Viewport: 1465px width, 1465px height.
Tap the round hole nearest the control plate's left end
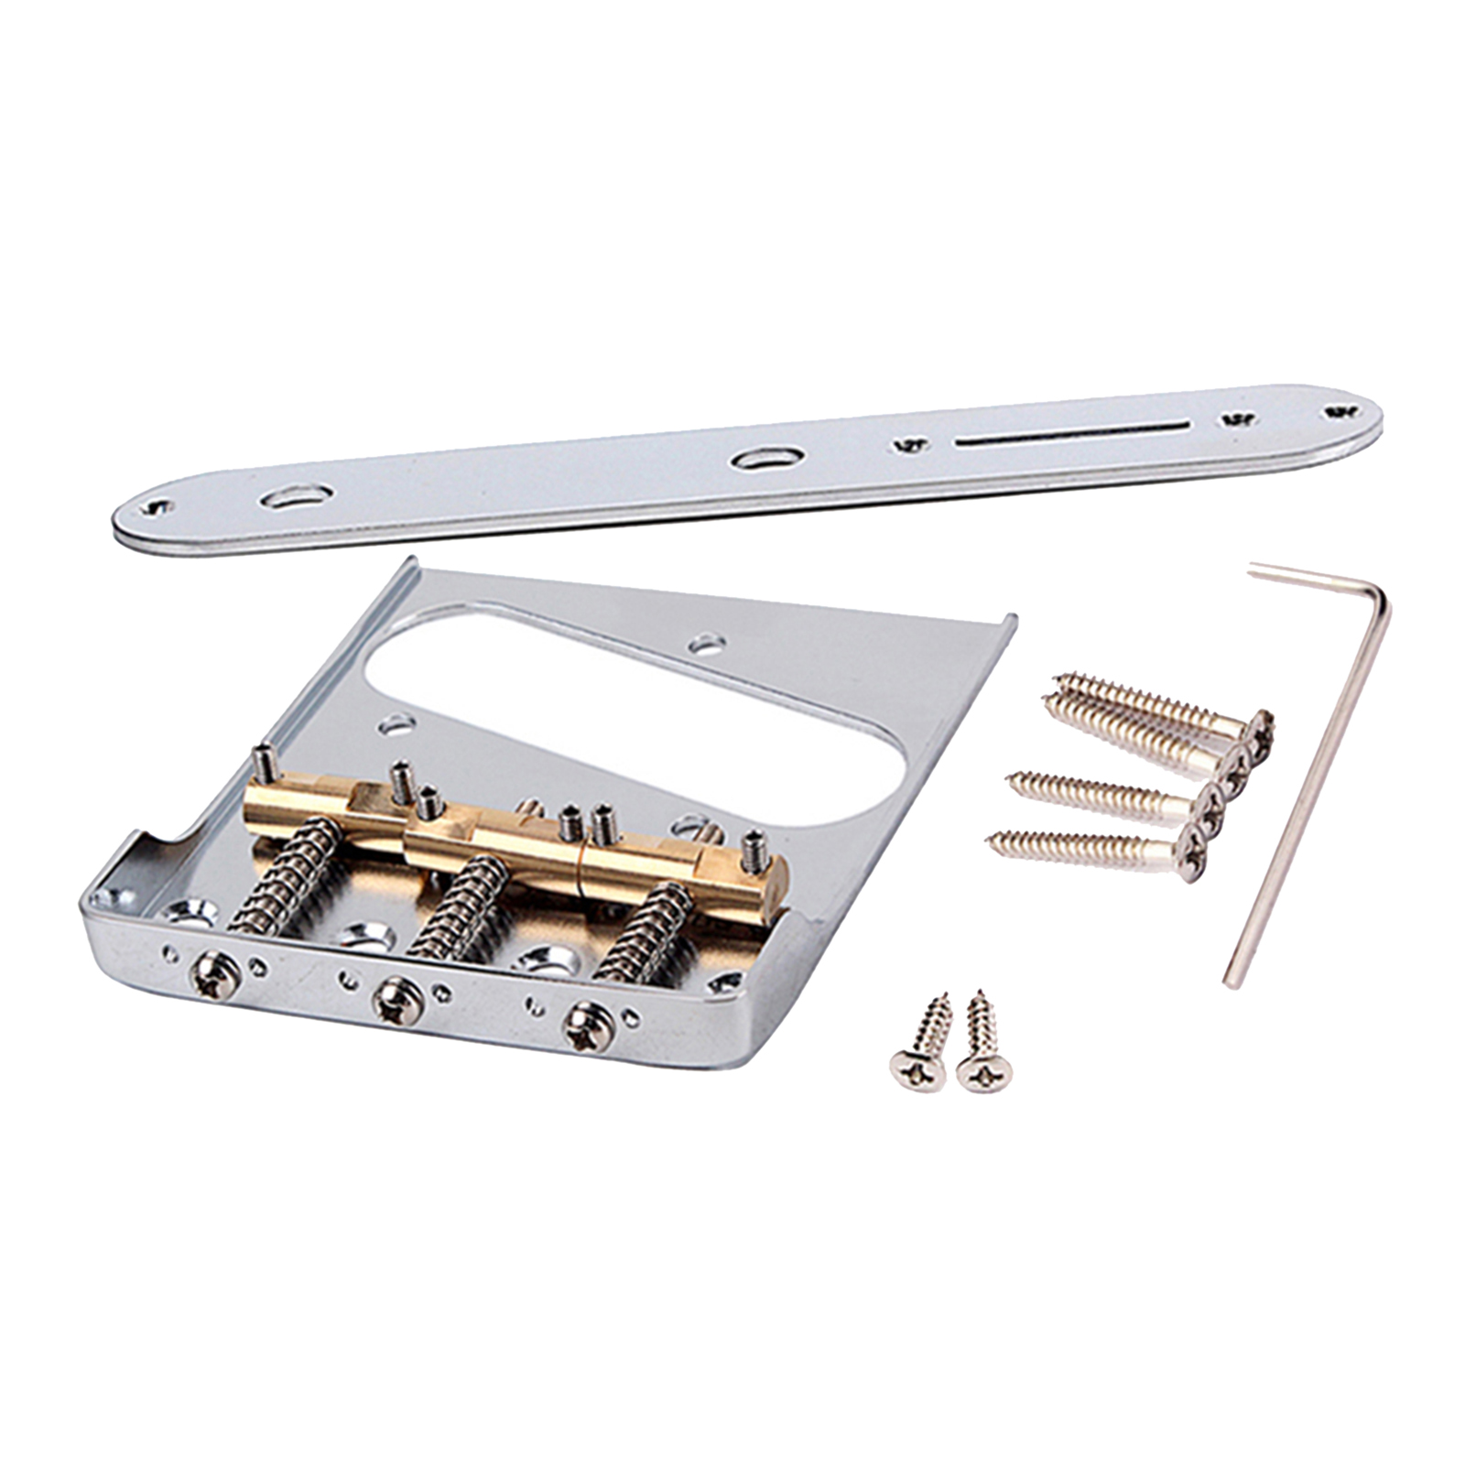pyautogui.click(x=295, y=498)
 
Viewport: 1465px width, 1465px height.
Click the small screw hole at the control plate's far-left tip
pyautogui.click(x=161, y=507)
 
